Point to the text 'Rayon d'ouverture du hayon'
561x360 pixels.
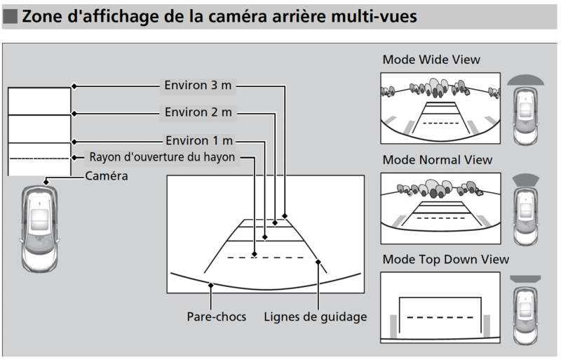click(163, 156)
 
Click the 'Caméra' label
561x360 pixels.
click(106, 176)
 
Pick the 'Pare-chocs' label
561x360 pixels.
click(217, 316)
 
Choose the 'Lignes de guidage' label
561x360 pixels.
click(316, 316)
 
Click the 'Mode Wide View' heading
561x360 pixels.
click(431, 60)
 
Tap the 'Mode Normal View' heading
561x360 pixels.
click(438, 161)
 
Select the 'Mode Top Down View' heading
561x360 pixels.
click(446, 260)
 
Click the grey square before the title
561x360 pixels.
click(11, 17)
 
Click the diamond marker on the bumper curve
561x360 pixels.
click(211, 284)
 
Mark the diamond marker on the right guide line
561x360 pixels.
click(318, 262)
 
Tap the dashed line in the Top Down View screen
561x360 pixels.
click(440, 317)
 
